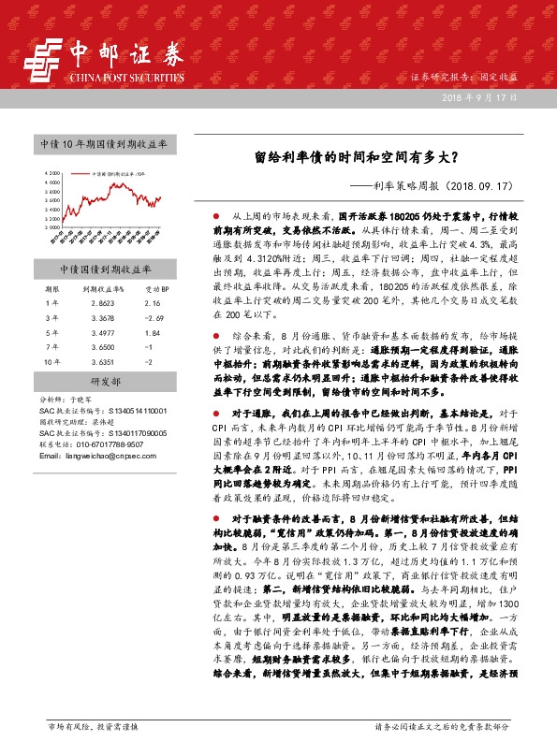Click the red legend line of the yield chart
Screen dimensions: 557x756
[82, 174]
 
